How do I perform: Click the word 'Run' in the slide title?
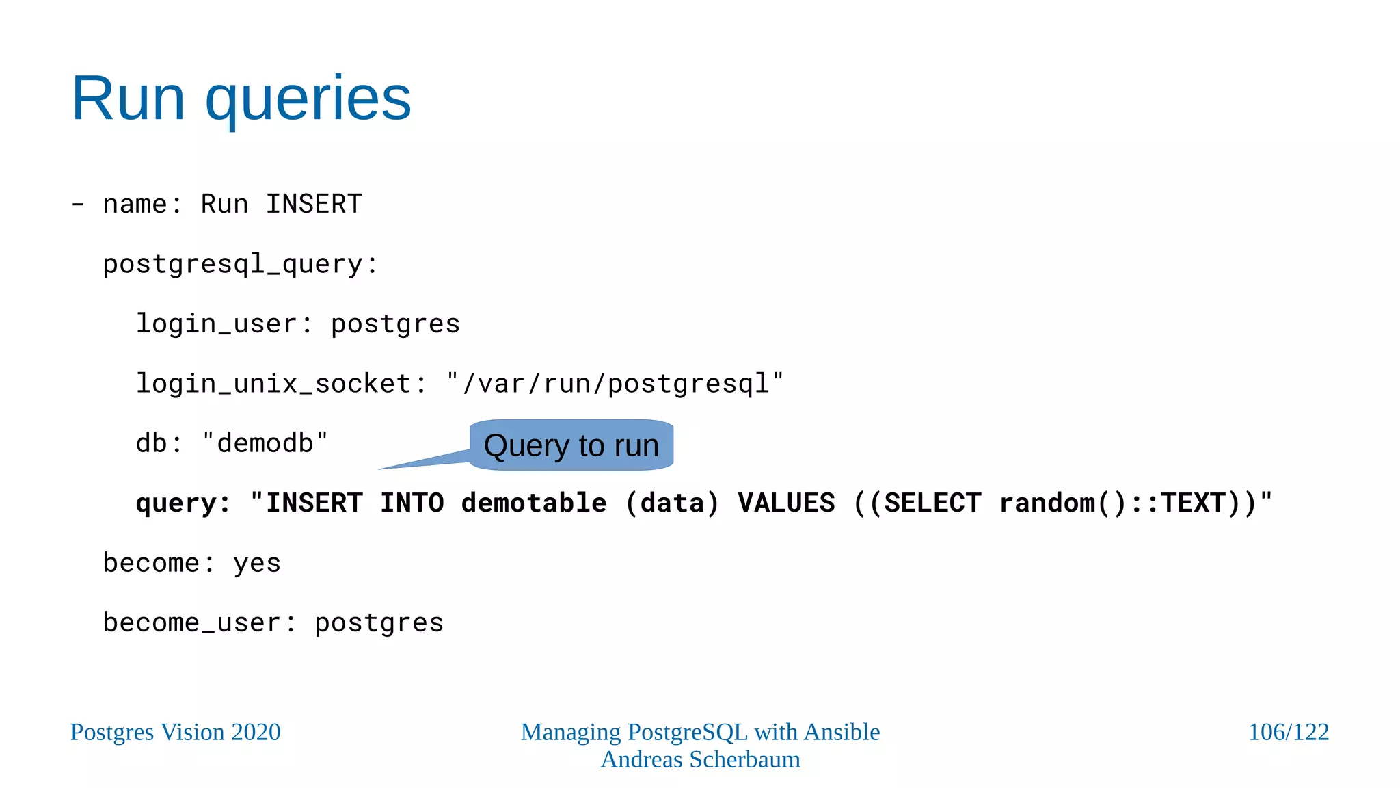128,99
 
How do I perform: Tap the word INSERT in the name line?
314,204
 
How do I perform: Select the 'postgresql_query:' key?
240,265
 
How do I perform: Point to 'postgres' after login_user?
395,324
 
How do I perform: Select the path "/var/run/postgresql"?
615,384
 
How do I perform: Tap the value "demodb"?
265,443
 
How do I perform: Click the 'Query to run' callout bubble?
571,445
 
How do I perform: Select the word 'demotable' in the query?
533,503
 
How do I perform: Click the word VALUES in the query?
786,503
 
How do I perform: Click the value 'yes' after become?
257,564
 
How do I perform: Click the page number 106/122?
1288,732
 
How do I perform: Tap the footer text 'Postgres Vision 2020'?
176,732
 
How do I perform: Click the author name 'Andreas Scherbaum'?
700,759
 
